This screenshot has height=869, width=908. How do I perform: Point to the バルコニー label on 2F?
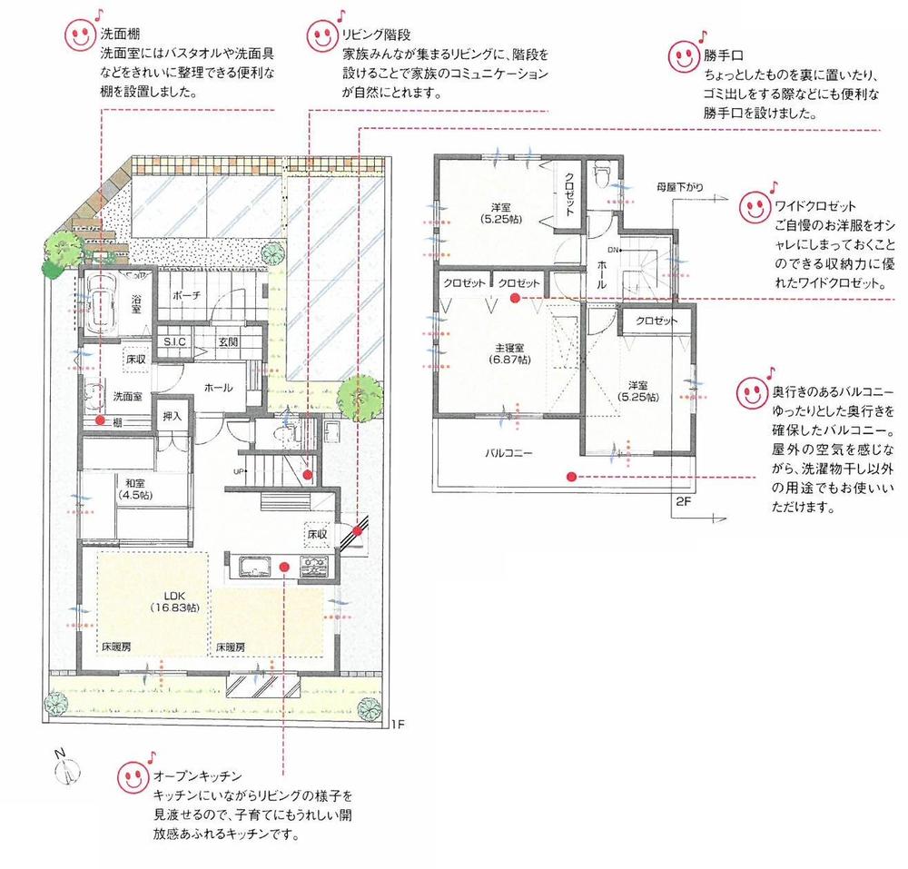coord(508,452)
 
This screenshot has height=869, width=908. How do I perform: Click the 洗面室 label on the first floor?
coord(126,396)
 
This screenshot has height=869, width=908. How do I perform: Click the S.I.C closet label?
coord(174,341)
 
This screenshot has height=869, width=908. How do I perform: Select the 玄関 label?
coord(228,341)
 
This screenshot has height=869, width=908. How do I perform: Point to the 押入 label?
coord(171,416)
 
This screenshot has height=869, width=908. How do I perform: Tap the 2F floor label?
coord(684,500)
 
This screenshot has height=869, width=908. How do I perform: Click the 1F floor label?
coord(397,724)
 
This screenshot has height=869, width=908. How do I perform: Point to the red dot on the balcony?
coord(570,475)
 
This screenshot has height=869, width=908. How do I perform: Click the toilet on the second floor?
coord(600,177)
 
